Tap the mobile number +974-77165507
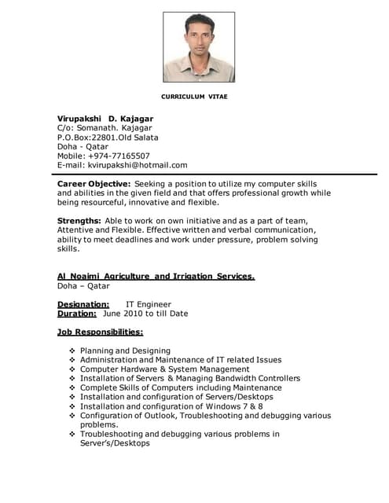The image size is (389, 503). click(x=117, y=156)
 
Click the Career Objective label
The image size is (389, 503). click(x=94, y=183)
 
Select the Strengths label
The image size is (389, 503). click(x=79, y=220)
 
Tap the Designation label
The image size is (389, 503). click(x=83, y=304)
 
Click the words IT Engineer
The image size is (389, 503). click(x=149, y=304)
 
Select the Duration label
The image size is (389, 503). click(x=77, y=314)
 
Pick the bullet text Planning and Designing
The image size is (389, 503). click(x=125, y=351)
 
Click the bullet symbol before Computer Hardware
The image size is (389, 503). click(x=72, y=369)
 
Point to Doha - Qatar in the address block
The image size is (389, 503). click(x=83, y=146)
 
